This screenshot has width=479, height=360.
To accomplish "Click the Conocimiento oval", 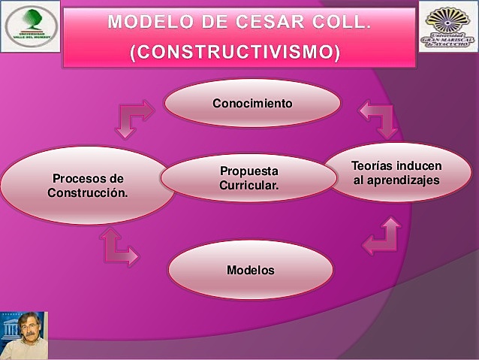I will (252, 103).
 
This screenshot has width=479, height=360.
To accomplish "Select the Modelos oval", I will (250, 269).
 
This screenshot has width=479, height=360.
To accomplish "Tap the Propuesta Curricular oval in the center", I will (249, 178).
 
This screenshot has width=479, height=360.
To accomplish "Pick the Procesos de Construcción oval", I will (88, 185).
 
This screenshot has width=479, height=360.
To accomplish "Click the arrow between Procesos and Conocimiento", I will (132, 118).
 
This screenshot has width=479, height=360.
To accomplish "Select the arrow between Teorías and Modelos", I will (382, 237).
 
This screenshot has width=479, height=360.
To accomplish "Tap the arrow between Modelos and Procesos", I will (119, 248).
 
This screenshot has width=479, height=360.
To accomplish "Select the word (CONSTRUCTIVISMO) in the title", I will (239, 53).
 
